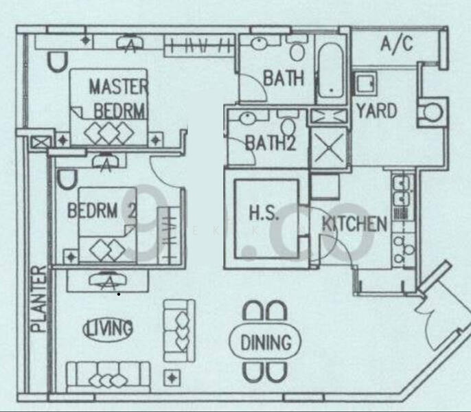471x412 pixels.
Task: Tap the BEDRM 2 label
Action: [101, 211]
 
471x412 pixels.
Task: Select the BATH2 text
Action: [269, 144]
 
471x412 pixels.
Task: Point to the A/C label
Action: [396, 45]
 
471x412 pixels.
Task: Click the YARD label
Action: [376, 110]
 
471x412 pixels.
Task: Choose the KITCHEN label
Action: [354, 223]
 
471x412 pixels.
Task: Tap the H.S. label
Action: [264, 213]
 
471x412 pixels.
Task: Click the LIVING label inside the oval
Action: [108, 328]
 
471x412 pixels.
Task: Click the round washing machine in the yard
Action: [433, 113]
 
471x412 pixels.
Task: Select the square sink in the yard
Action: [365, 84]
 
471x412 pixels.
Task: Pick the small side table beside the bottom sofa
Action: [170, 378]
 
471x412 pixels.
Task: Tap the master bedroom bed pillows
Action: [110, 131]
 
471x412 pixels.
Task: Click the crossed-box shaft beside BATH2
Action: [328, 146]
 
